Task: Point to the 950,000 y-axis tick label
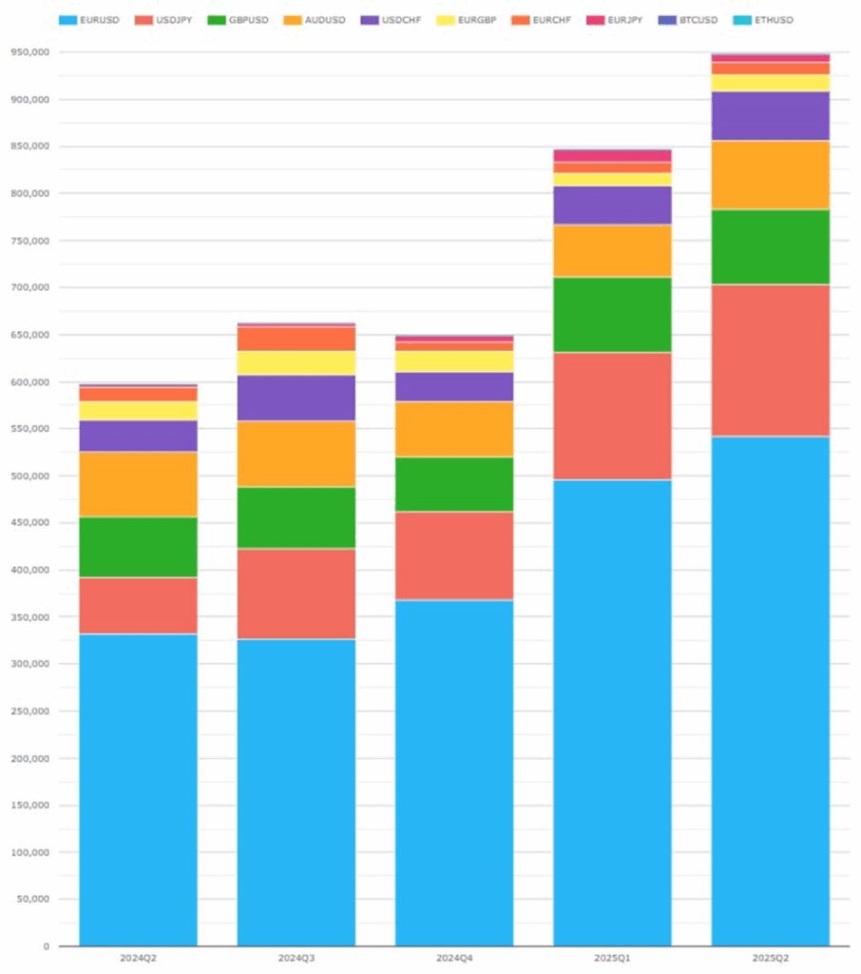point(29,52)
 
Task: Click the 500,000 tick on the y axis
point(29,476)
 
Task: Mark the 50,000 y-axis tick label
point(32,899)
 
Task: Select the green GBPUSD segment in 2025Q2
point(771,247)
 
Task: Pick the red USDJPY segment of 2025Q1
point(612,416)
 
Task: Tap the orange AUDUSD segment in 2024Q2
point(138,484)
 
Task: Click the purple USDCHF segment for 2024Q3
point(297,398)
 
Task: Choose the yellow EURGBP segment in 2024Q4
point(454,361)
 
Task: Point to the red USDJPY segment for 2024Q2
point(138,605)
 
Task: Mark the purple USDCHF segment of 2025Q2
point(771,116)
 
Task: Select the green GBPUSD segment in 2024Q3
point(297,517)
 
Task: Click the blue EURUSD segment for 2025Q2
point(771,691)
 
